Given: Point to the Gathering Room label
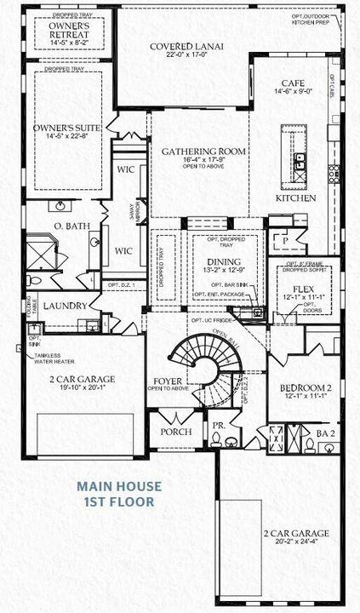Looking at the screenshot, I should tap(203, 151).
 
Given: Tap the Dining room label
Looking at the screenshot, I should tap(211, 261).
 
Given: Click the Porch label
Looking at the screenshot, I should tap(174, 432).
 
